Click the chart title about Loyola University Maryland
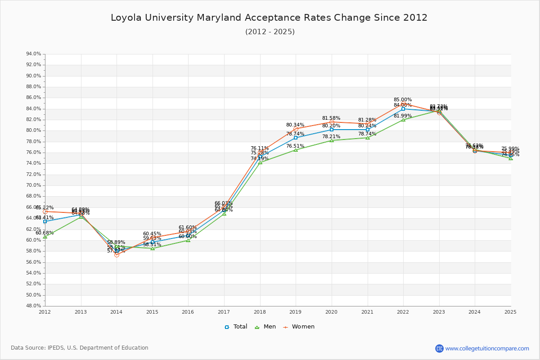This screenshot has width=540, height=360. (x=269, y=18)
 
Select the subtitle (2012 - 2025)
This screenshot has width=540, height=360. (x=270, y=32)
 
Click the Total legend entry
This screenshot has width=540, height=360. (x=236, y=327)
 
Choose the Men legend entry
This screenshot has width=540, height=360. (x=265, y=327)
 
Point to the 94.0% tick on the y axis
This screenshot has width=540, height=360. (x=34, y=54)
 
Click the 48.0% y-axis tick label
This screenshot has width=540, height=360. (x=34, y=306)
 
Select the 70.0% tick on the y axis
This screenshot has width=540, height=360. (x=34, y=185)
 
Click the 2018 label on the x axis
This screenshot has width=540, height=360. (x=260, y=311)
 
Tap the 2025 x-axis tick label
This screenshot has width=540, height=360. (x=510, y=311)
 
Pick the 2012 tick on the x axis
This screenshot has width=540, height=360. (x=45, y=311)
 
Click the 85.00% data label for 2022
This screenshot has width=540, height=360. (x=403, y=100)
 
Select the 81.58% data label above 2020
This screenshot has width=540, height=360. (x=331, y=118)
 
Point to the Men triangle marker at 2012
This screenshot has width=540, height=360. (x=45, y=237)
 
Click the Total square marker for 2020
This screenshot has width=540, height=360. (x=332, y=130)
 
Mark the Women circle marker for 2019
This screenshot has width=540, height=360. (x=296, y=129)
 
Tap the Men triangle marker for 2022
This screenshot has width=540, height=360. (x=403, y=120)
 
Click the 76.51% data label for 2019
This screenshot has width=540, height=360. (x=295, y=146)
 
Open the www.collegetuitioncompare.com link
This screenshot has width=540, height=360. (x=487, y=348)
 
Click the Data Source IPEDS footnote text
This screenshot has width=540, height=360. (x=80, y=348)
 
